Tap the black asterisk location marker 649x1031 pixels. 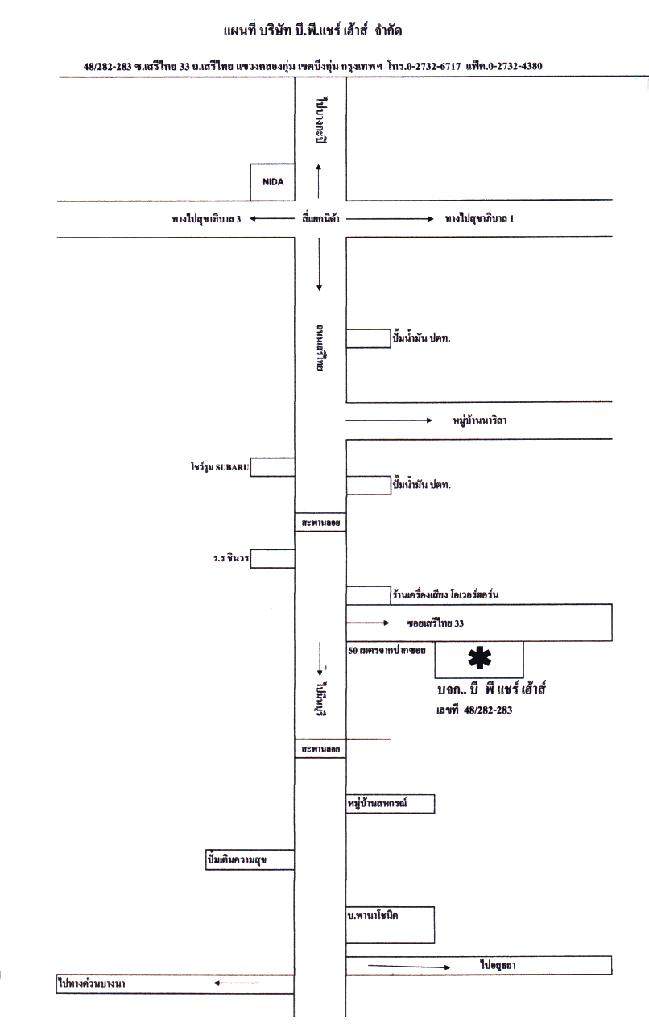click(480, 659)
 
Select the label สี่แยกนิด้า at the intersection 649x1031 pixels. click(319, 218)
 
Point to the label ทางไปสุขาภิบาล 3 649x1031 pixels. click(206, 218)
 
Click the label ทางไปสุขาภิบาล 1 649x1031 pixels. click(479, 218)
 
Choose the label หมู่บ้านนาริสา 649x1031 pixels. click(480, 420)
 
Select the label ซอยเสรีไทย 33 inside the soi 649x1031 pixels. click(435, 623)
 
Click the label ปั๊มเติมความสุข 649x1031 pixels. click(237, 860)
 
